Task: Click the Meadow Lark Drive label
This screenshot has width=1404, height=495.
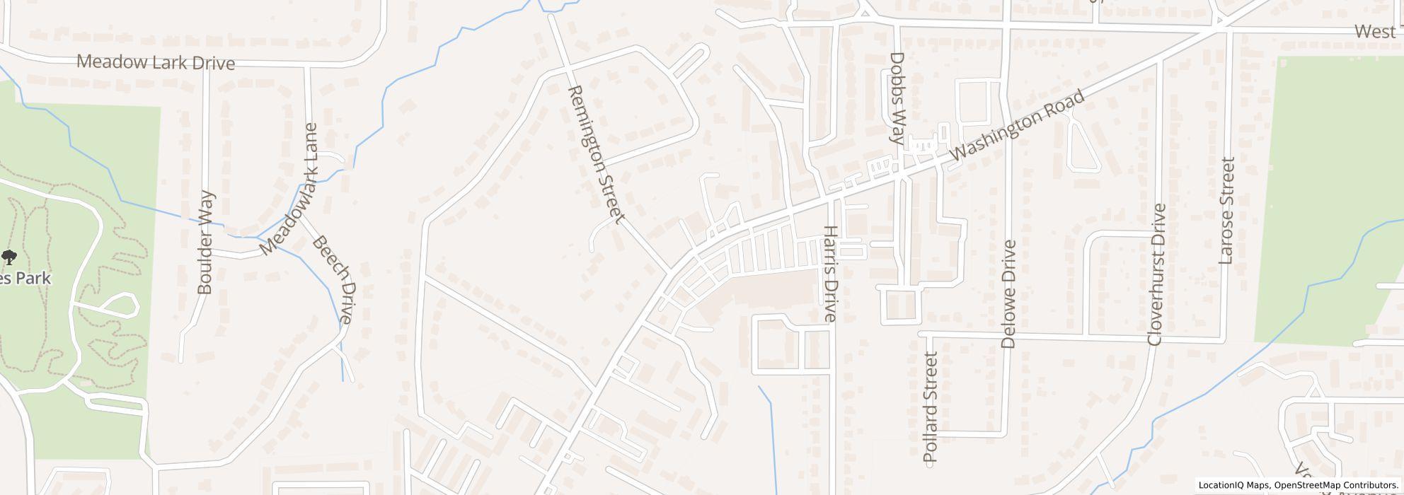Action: [x=155, y=62]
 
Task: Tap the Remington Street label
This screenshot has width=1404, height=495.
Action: [x=596, y=154]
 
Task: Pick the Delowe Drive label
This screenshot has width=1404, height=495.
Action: [x=1009, y=294]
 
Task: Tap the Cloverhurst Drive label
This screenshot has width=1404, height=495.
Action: [x=1157, y=274]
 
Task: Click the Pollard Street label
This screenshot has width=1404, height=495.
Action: [x=931, y=407]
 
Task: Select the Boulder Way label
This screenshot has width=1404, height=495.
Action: [x=205, y=242]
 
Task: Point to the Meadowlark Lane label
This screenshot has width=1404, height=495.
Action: [x=289, y=190]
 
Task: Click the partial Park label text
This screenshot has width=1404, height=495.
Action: [x=25, y=279]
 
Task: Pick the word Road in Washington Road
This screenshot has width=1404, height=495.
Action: [x=1065, y=105]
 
